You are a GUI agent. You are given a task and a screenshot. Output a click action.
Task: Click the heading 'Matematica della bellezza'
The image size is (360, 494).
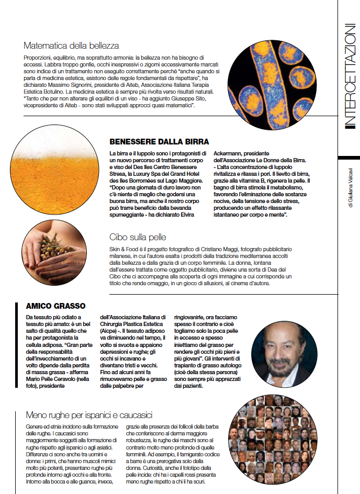[72, 46]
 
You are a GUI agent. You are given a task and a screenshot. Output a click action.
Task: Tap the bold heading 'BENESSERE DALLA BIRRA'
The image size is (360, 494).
[159, 141]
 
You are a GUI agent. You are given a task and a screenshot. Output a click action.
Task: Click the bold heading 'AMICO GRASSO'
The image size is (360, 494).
[55, 306]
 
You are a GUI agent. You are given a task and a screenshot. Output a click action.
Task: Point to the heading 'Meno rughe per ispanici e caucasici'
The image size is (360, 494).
[89, 415]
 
